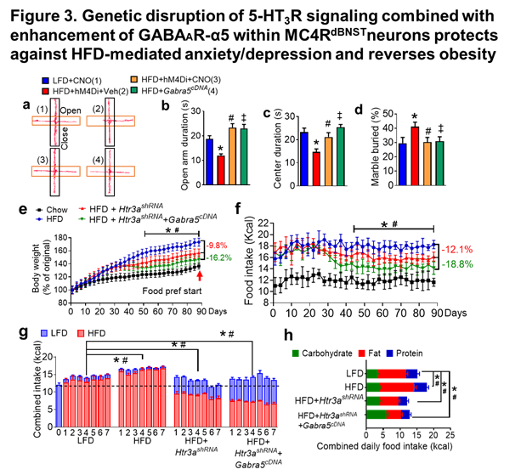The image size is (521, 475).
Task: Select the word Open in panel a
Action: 72,110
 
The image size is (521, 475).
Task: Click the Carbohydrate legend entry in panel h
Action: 323,352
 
